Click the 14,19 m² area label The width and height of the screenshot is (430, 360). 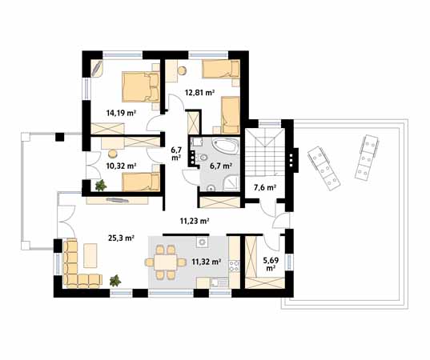click(x=121, y=112)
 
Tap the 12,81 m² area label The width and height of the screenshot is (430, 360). click(x=199, y=92)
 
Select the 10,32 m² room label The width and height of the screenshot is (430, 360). click(x=121, y=166)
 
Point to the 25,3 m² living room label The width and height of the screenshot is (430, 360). click(x=120, y=238)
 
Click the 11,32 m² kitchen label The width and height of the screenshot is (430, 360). click(x=207, y=262)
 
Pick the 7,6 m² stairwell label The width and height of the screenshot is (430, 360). click(x=264, y=188)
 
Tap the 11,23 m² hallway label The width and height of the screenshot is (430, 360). click(x=195, y=221)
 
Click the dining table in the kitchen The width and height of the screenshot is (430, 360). click(x=166, y=262)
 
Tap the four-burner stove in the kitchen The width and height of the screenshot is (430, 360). click(x=235, y=266)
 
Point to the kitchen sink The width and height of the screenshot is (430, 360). click(x=219, y=282)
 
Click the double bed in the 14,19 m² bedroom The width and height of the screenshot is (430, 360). click(x=141, y=87)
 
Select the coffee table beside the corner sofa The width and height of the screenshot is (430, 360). click(x=90, y=255)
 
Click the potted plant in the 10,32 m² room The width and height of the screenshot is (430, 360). click(x=101, y=186)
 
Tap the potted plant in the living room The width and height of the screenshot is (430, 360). click(x=115, y=281)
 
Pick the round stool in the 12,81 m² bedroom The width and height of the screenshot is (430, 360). click(x=182, y=70)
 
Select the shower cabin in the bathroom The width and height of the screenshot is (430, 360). click(x=232, y=183)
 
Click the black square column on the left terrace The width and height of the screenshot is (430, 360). click(x=59, y=137)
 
